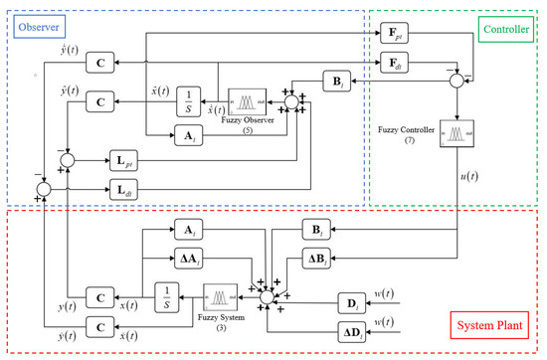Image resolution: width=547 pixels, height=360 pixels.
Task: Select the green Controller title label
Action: pos(510,29)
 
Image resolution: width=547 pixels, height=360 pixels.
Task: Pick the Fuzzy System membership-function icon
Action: pos(220,295)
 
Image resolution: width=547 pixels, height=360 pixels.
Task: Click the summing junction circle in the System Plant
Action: pos(266,296)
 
